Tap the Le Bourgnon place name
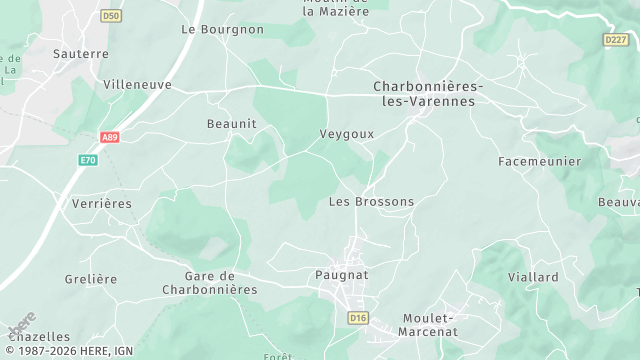coord(222,30)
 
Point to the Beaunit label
coord(231,124)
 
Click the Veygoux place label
coord(346,133)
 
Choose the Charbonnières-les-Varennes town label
coord(428,94)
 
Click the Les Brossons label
coord(371,202)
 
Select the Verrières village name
coord(102,203)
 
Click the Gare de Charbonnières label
coord(209,283)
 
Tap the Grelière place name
coord(91,279)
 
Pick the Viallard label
coord(533,277)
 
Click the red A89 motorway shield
coord(110,139)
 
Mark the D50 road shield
coord(111,16)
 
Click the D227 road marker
coord(615,39)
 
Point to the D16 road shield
coord(358,317)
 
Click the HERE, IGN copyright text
coord(68,351)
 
